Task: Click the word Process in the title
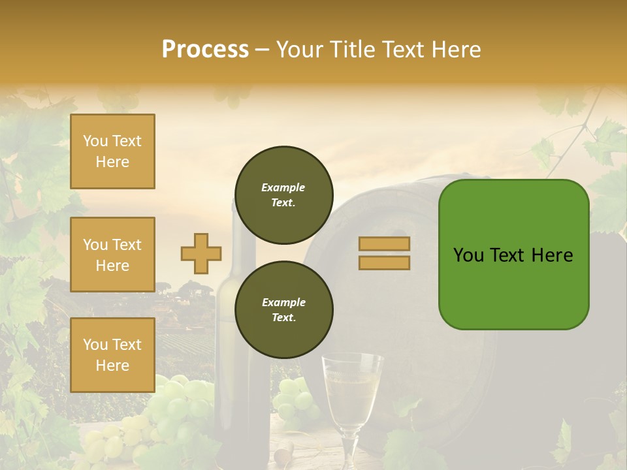pyautogui.click(x=205, y=49)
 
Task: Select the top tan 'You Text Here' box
pyautogui.click(x=112, y=151)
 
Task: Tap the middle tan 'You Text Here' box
pyautogui.click(x=112, y=255)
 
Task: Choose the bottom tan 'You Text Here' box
pyautogui.click(x=112, y=354)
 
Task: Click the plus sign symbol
pyautogui.click(x=201, y=253)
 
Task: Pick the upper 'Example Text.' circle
pyautogui.click(x=283, y=195)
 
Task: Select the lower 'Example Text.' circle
pyautogui.click(x=283, y=309)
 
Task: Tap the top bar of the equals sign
pyautogui.click(x=384, y=243)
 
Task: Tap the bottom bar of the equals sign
pyautogui.click(x=384, y=262)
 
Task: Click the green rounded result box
pyautogui.click(x=513, y=255)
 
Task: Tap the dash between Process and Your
pyautogui.click(x=263, y=50)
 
